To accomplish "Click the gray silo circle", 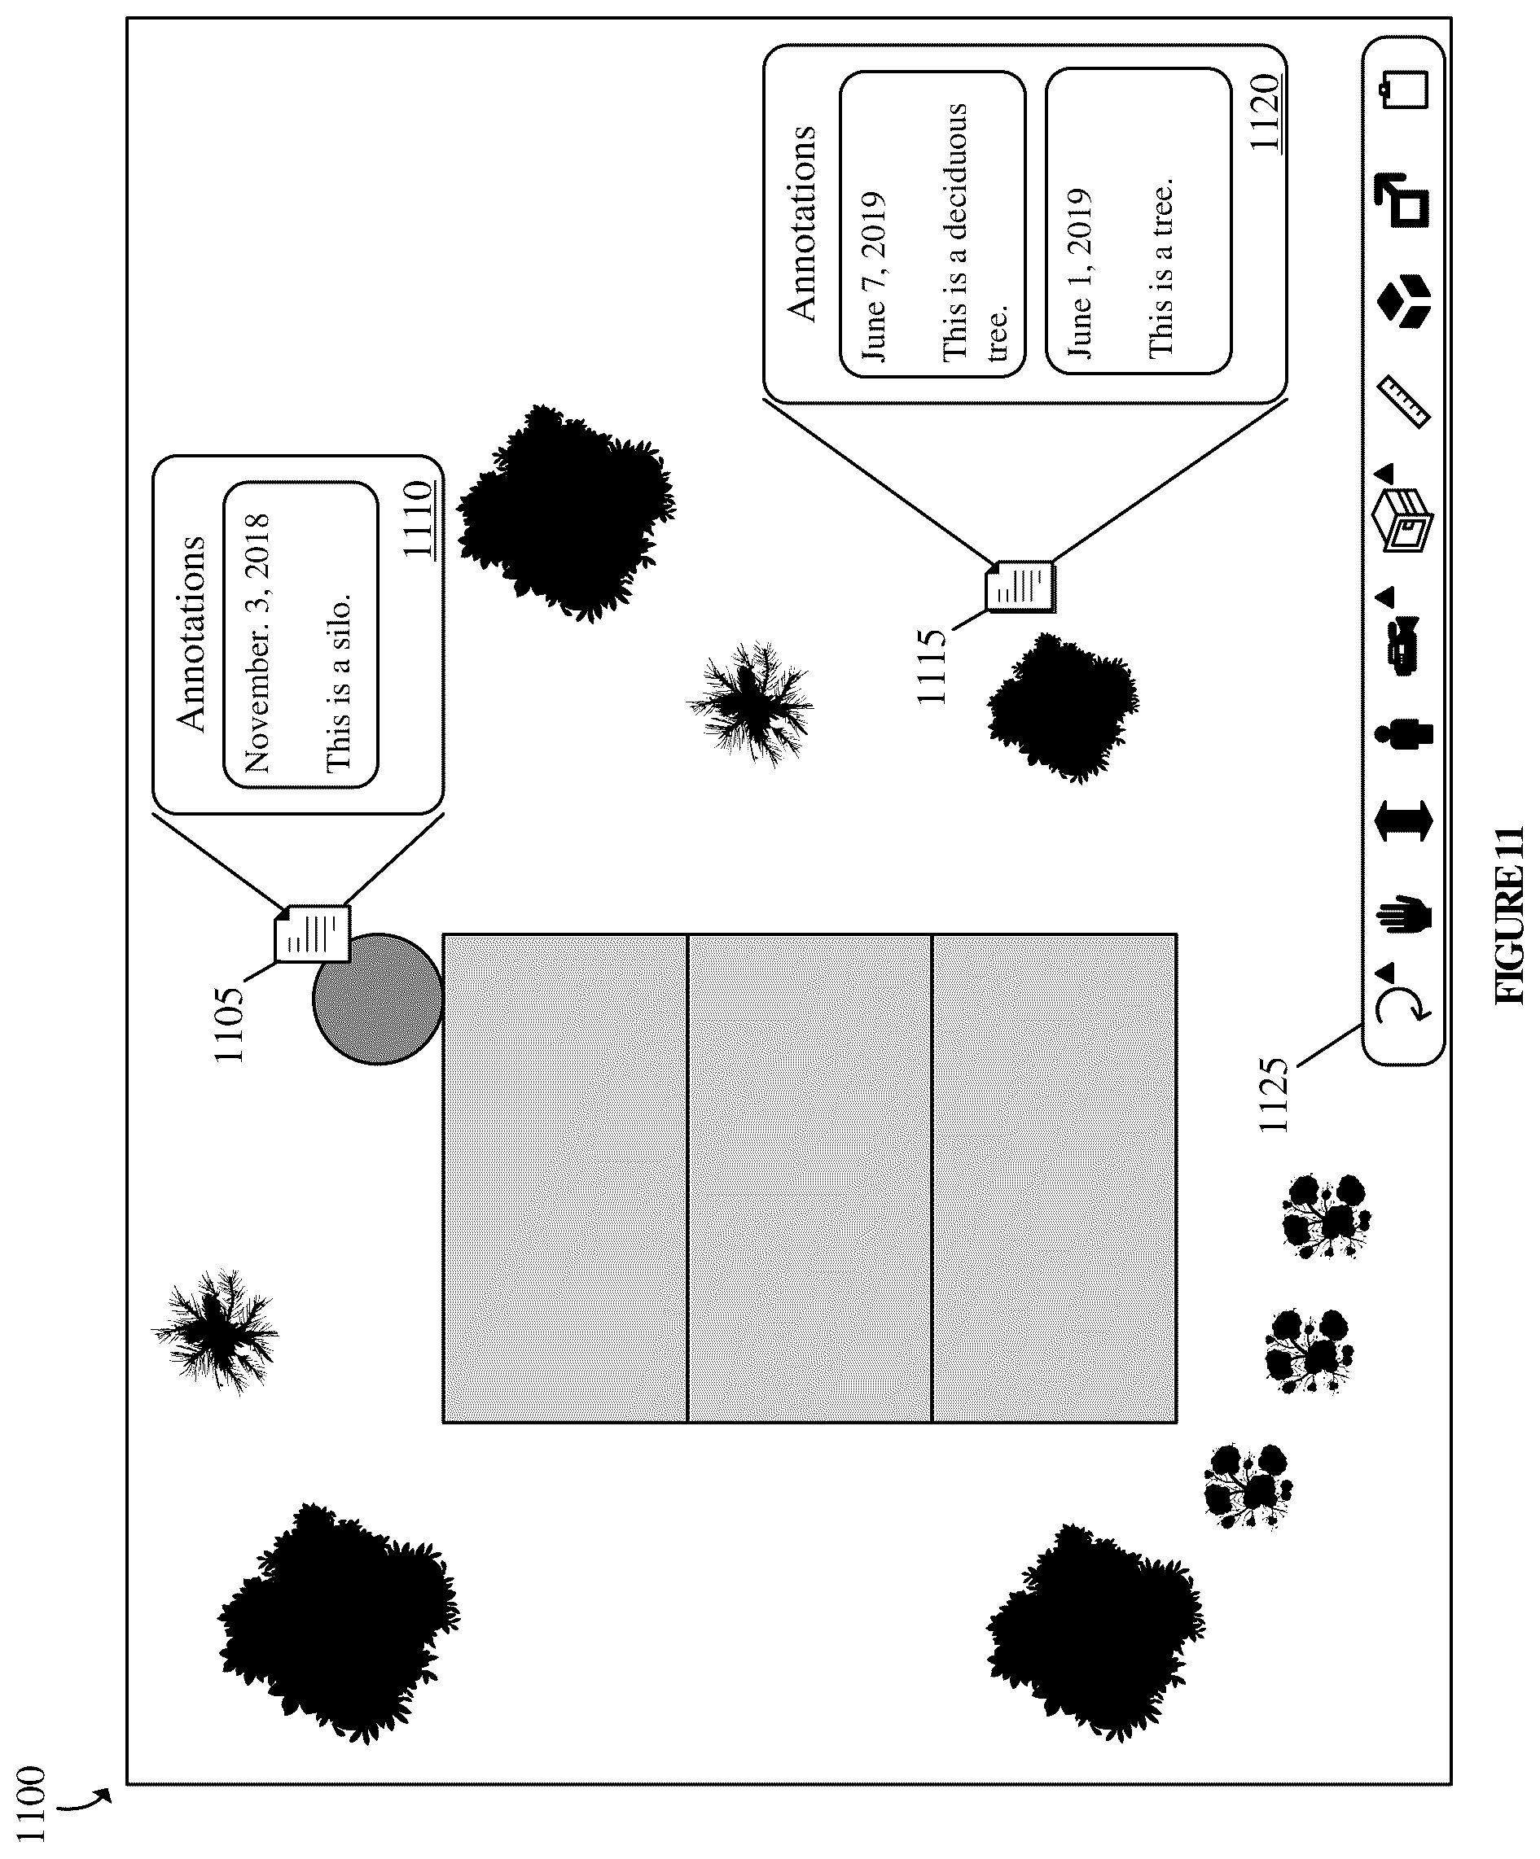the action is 377,999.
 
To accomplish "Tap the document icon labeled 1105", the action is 313,933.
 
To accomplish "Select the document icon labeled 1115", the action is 1021,586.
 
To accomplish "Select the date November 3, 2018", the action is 257,644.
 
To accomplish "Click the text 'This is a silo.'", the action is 337,683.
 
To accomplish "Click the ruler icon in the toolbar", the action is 1406,403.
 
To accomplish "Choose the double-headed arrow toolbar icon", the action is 1405,821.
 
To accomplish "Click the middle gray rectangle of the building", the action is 809,1179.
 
